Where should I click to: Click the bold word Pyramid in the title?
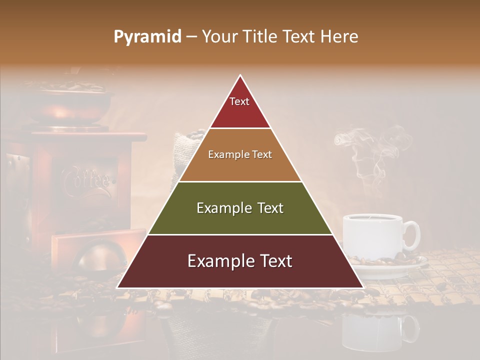point(147,36)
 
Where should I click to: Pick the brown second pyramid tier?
point(240,155)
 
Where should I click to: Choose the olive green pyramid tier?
point(240,208)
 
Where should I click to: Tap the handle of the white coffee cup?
point(412,235)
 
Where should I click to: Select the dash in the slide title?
point(191,37)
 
